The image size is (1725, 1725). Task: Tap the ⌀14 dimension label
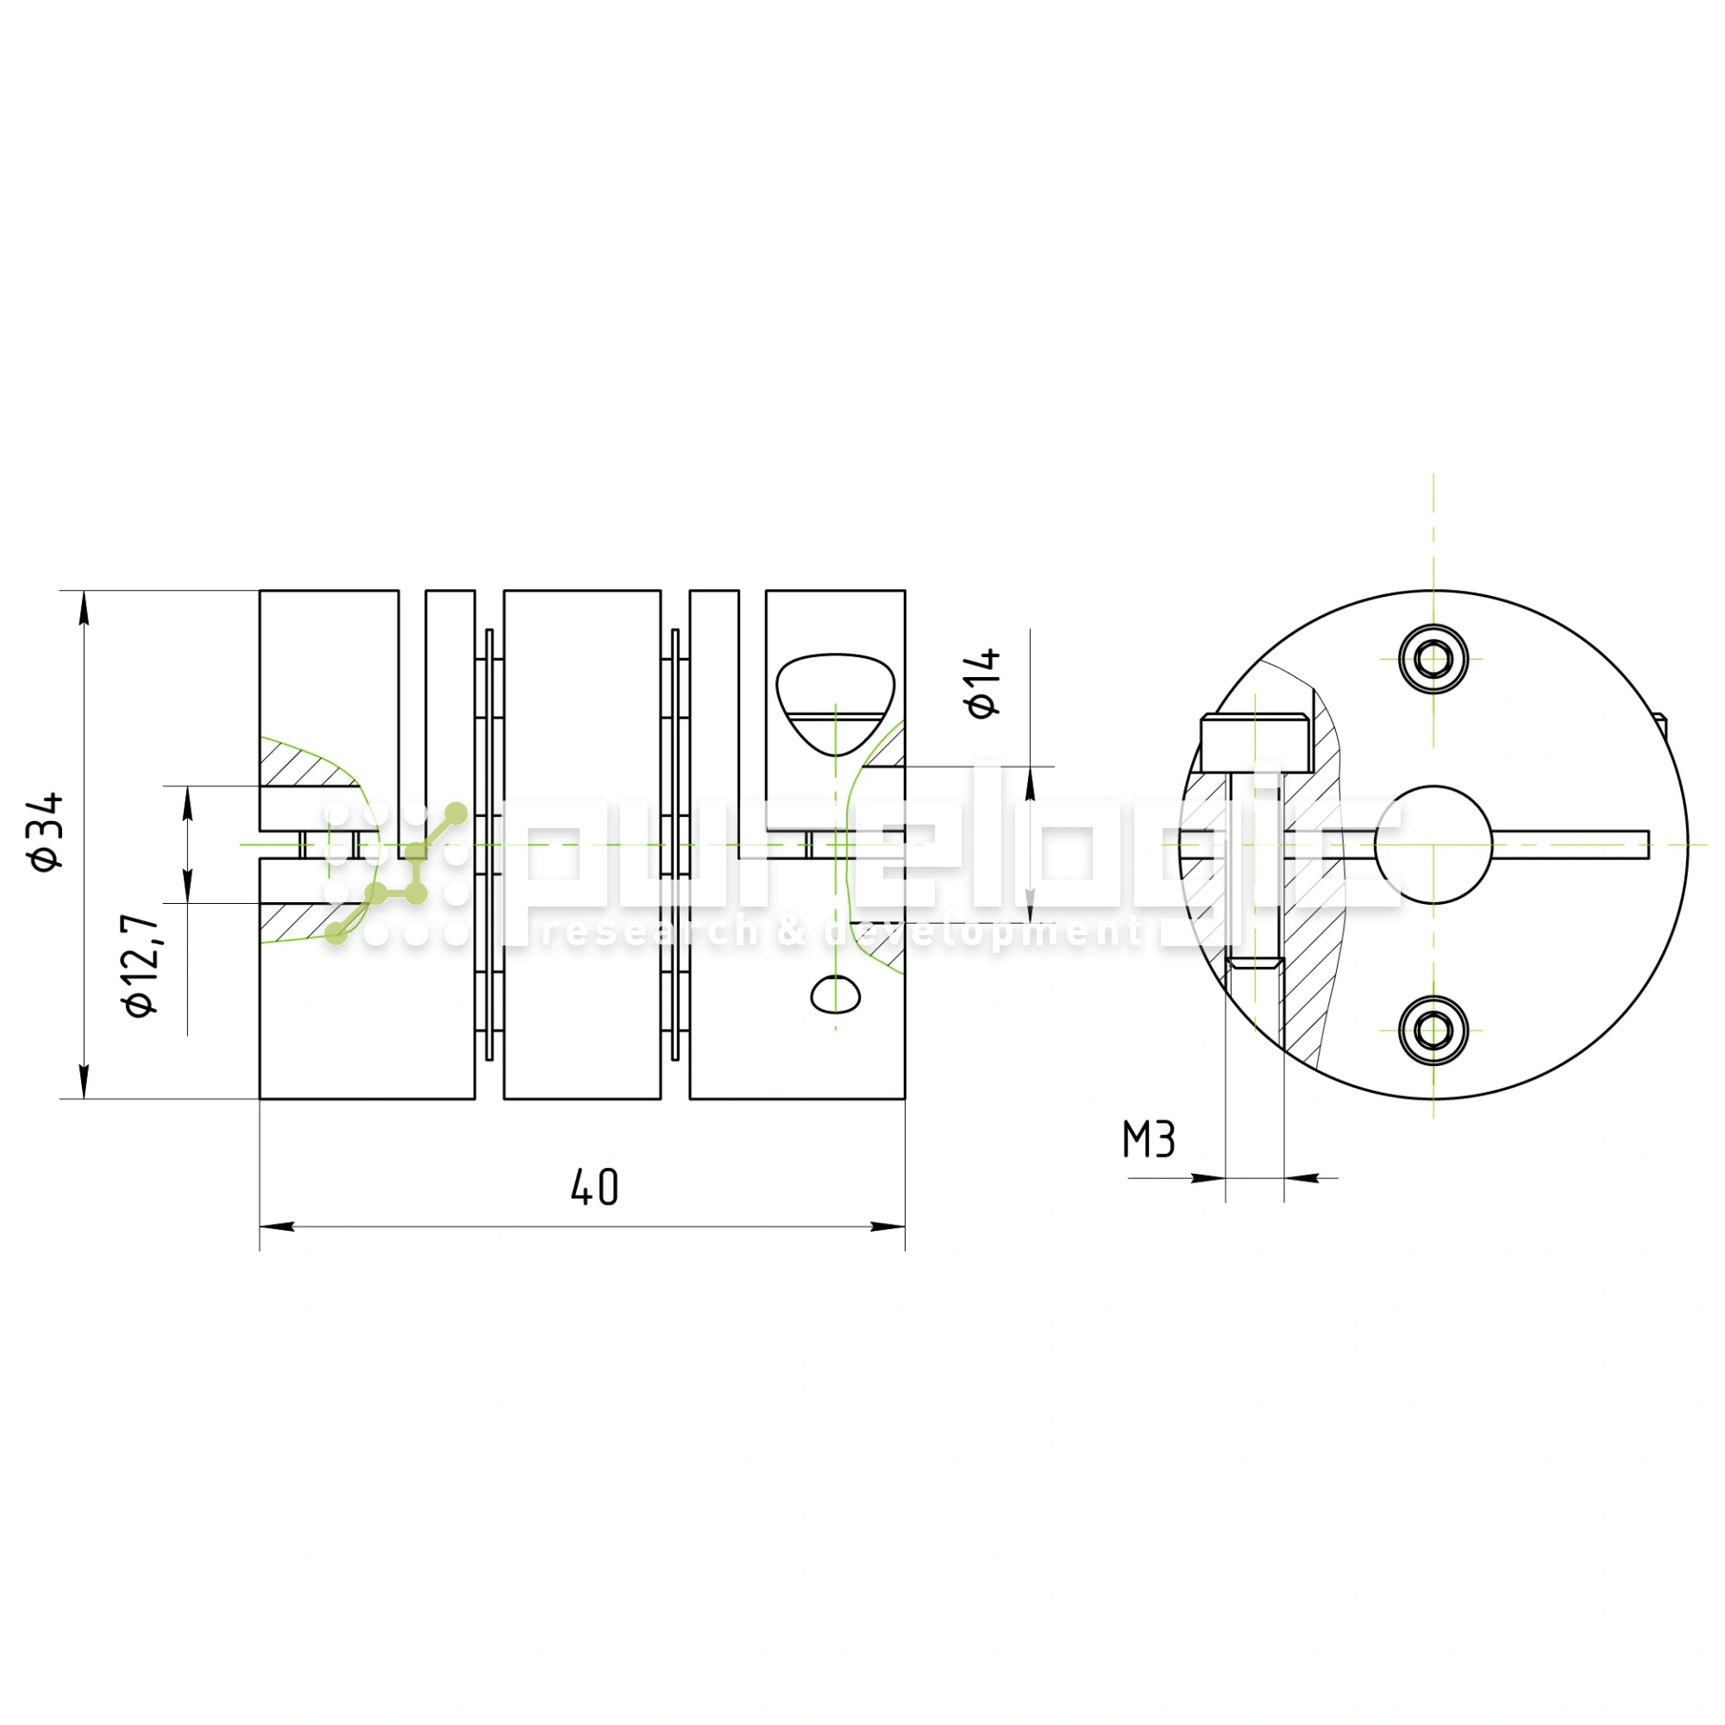click(x=983, y=684)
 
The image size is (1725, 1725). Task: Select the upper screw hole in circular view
click(x=1433, y=660)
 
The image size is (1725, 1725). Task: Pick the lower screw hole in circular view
click(x=1433, y=1032)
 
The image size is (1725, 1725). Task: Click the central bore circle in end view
click(x=1433, y=844)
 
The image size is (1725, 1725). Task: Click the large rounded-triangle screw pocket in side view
click(x=835, y=701)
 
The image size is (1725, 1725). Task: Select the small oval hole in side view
click(x=835, y=994)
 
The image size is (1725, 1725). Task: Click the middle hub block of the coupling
click(x=582, y=844)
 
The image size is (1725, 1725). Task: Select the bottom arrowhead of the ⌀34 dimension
click(x=84, y=1081)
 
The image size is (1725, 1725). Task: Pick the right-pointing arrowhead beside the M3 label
click(x=1207, y=1177)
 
